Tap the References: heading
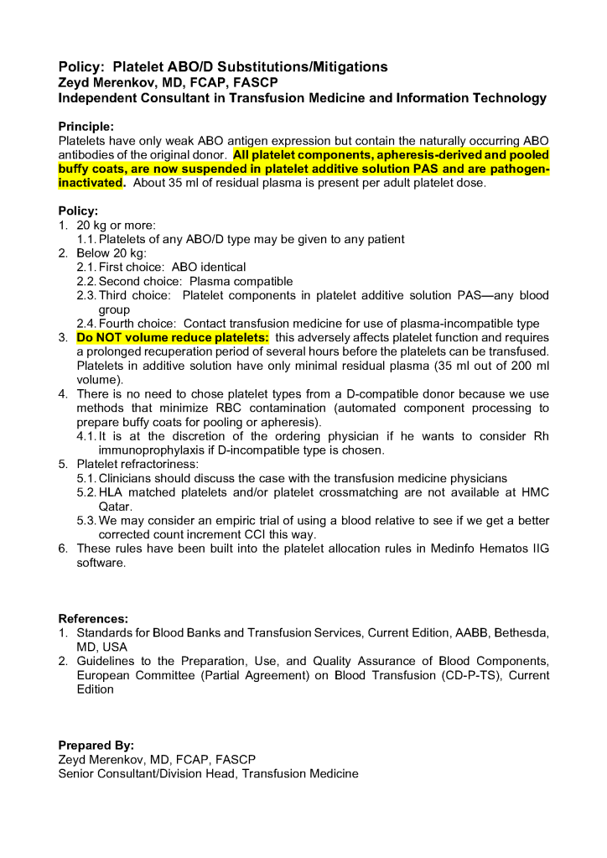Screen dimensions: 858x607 (x=93, y=618)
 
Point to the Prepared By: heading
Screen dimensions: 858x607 (x=96, y=745)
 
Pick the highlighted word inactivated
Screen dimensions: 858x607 (x=91, y=183)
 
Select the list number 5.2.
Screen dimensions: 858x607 (x=86, y=492)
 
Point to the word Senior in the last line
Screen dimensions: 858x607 (x=77, y=773)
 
